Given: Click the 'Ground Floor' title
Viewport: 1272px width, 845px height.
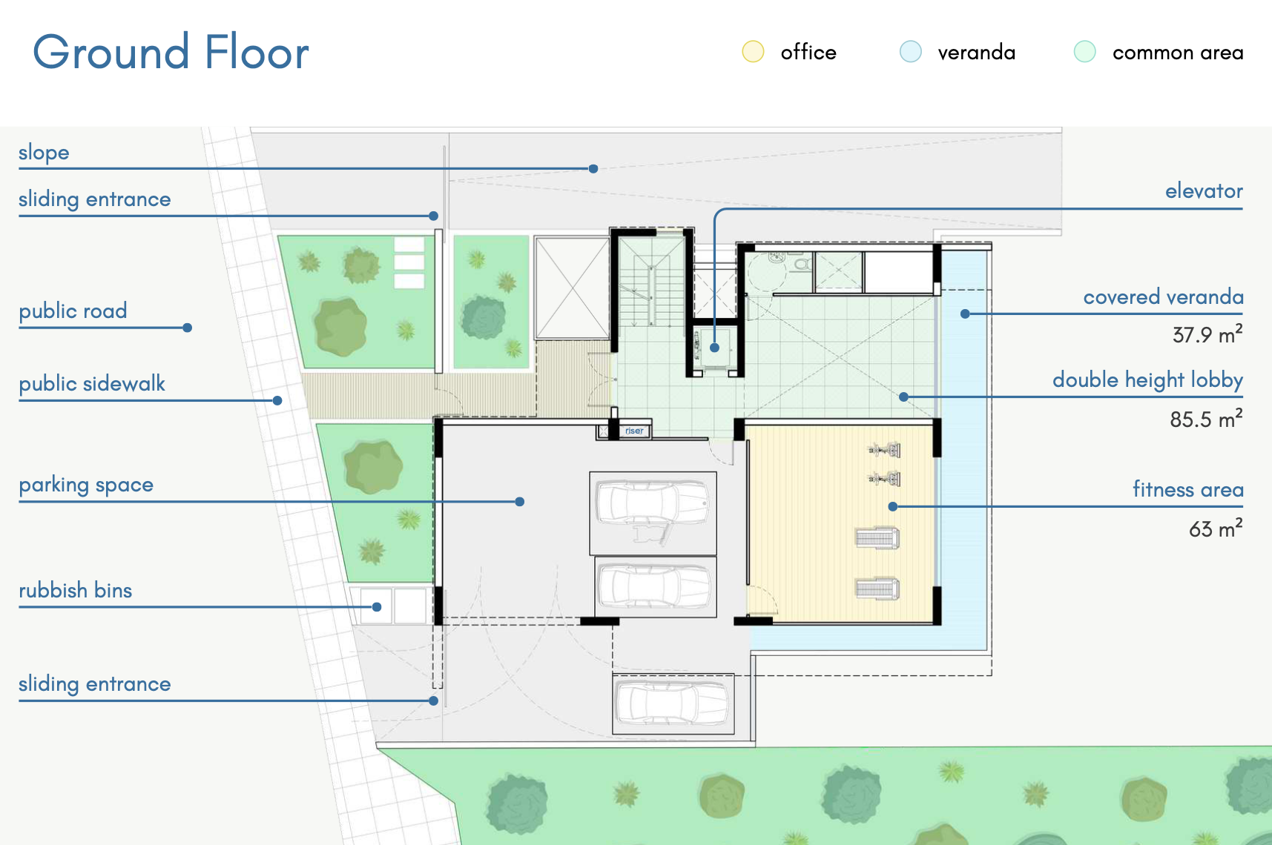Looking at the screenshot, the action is pyautogui.click(x=171, y=53).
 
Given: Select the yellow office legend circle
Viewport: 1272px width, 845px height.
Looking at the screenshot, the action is pyautogui.click(x=753, y=51).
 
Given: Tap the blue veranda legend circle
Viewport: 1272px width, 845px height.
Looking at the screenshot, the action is pyautogui.click(x=910, y=51).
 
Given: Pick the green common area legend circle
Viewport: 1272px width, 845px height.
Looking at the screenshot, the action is pyautogui.click(x=1084, y=51).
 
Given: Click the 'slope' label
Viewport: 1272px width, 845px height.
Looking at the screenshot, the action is pyautogui.click(x=44, y=153).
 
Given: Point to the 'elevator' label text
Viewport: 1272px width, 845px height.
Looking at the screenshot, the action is pyautogui.click(x=1204, y=191).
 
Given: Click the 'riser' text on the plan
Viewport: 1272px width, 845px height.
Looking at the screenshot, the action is pyautogui.click(x=634, y=431).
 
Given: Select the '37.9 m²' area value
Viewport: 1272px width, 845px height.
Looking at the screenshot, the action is pyautogui.click(x=1207, y=334).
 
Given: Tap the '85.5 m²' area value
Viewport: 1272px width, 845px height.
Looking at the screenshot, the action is pyautogui.click(x=1206, y=419).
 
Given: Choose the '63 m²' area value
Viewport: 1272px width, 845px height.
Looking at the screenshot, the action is pyautogui.click(x=1216, y=528).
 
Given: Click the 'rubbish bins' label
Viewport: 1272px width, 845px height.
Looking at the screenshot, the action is pyautogui.click(x=76, y=590).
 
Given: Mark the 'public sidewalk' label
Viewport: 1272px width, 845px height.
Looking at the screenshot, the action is pyautogui.click(x=92, y=383).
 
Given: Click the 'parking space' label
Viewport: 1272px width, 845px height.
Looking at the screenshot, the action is pyautogui.click(x=86, y=485).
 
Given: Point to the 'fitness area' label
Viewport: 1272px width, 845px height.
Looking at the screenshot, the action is pyautogui.click(x=1187, y=489).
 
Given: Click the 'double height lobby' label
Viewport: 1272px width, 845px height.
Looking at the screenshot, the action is pyautogui.click(x=1147, y=380).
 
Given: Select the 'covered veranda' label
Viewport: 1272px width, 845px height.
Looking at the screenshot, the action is pyautogui.click(x=1163, y=296).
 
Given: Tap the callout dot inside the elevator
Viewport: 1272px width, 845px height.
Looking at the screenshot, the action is pyautogui.click(x=714, y=347).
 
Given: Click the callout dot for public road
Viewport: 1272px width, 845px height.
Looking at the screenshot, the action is pyautogui.click(x=188, y=328).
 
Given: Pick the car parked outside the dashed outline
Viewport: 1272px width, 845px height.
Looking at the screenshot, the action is pyautogui.click(x=673, y=703).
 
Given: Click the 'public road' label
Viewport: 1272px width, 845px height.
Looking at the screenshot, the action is pyautogui.click(x=73, y=311).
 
